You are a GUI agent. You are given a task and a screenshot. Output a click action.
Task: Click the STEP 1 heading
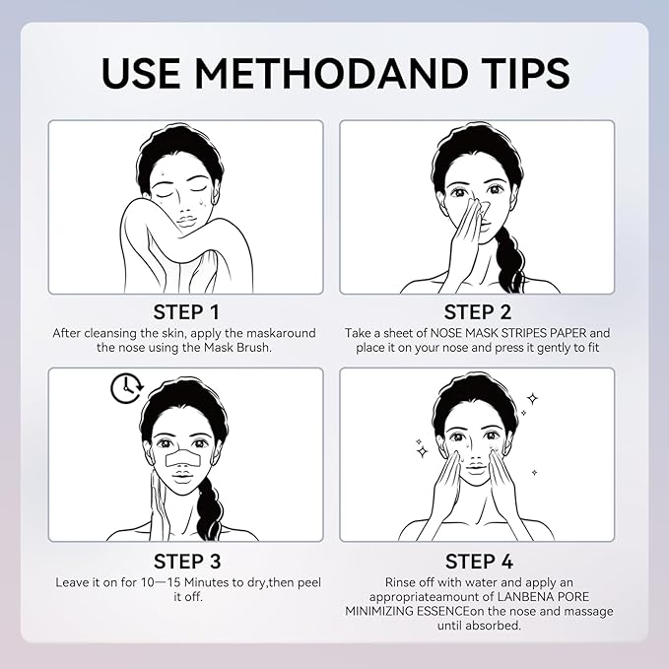click(x=186, y=312)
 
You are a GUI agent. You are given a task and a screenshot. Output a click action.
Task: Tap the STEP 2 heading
click(x=478, y=312)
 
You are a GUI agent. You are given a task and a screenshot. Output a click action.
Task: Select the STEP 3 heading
click(x=187, y=561)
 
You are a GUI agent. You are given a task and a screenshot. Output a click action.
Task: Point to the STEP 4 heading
click(x=479, y=561)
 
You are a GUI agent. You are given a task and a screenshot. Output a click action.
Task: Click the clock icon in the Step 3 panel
click(x=127, y=388)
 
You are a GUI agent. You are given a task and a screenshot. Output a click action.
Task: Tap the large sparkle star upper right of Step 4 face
click(x=532, y=399)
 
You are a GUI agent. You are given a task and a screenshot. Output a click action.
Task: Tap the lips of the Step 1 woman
click(x=186, y=223)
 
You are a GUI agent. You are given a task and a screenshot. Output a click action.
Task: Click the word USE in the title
click(x=141, y=72)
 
